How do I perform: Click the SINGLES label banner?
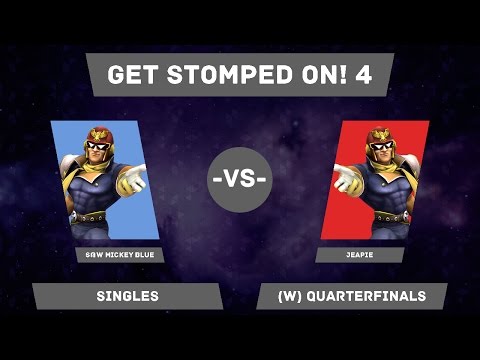click(x=127, y=296)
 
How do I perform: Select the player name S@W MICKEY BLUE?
click(x=119, y=255)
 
